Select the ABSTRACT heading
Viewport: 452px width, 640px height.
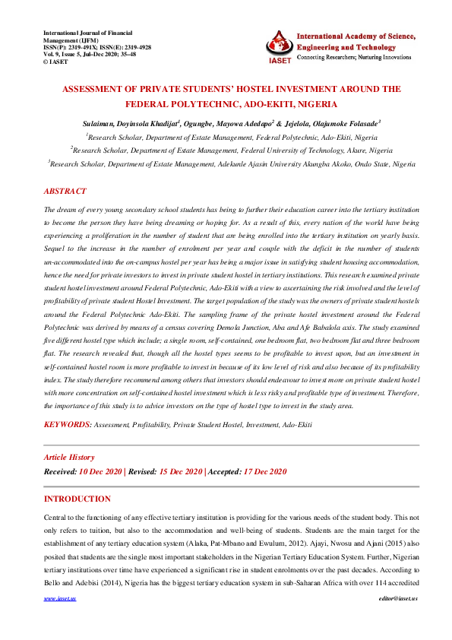[65, 192]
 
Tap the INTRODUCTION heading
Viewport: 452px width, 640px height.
[77, 499]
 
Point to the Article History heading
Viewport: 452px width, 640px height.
[69, 458]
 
